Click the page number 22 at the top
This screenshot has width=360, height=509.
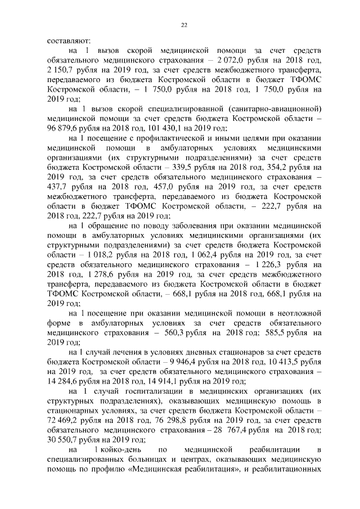pyautogui.click(x=184, y=24)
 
